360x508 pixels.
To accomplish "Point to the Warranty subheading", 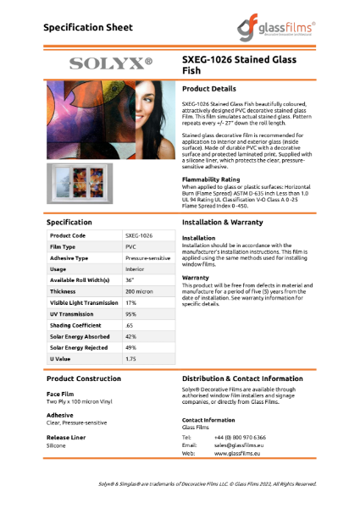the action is pyautogui.click(x=196, y=277).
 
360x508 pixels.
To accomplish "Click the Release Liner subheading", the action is pyautogui.click(x=66, y=437).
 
